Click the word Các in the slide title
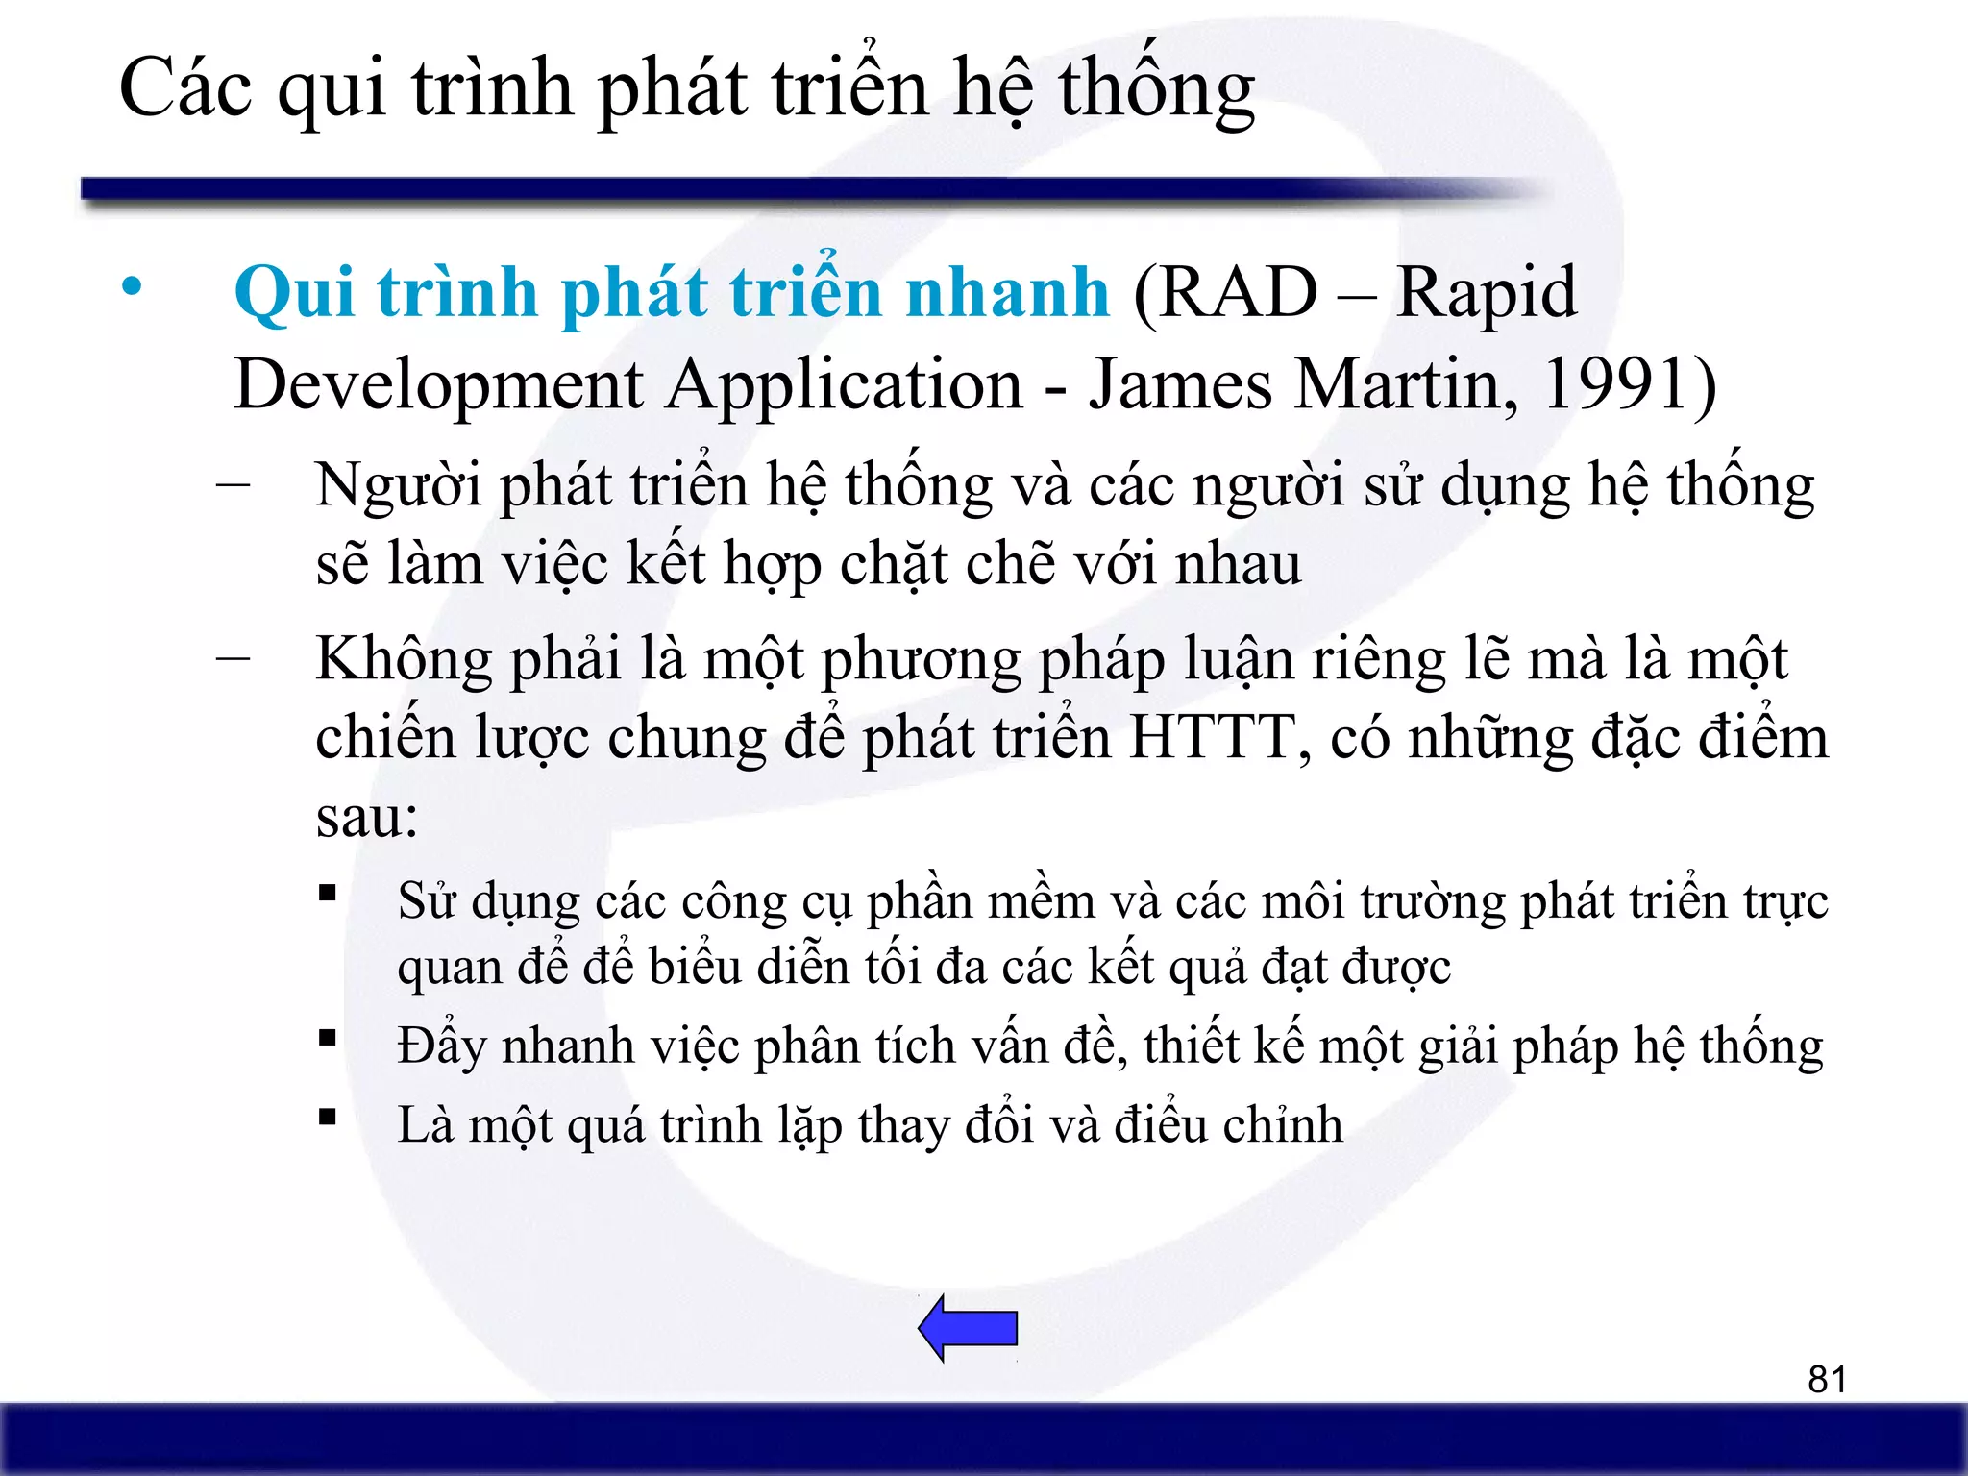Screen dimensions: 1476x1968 coord(185,88)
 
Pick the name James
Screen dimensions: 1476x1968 coord(1180,384)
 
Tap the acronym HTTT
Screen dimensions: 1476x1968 coord(1212,738)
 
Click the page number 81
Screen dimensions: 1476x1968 coord(1827,1379)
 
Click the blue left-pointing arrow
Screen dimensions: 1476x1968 coord(969,1328)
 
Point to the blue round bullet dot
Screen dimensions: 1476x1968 coord(132,286)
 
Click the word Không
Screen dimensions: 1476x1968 coord(405,661)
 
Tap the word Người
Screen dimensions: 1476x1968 coord(399,485)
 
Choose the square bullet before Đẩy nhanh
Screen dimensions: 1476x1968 coord(329,1038)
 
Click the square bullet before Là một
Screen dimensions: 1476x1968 coord(329,1117)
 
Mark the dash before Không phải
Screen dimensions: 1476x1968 coord(234,658)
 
